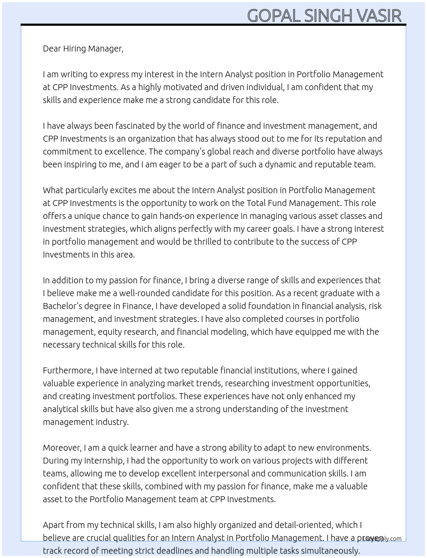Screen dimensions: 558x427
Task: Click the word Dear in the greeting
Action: click(52, 49)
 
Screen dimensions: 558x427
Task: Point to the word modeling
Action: click(229, 332)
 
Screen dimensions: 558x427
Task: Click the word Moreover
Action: click(62, 448)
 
